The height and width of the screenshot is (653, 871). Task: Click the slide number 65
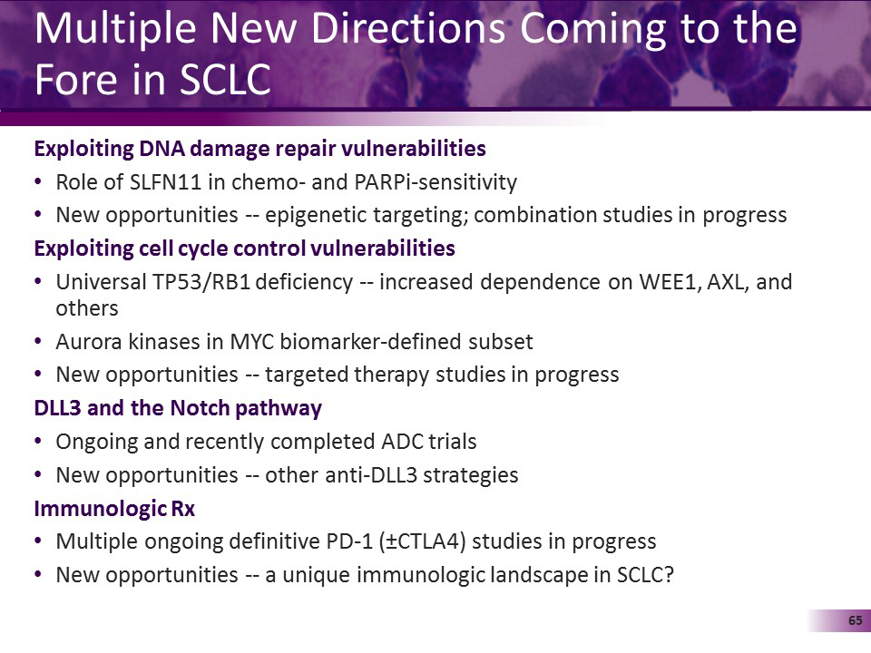tap(854, 620)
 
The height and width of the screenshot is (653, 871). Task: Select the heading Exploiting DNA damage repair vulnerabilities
tap(259, 149)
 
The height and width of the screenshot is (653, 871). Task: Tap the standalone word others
tap(86, 308)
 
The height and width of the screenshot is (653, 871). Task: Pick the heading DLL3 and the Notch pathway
tap(178, 408)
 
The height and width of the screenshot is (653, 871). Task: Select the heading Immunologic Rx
tap(114, 509)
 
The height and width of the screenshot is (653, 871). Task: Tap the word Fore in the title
tap(73, 80)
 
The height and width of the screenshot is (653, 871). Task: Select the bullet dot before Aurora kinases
tap(37, 342)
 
